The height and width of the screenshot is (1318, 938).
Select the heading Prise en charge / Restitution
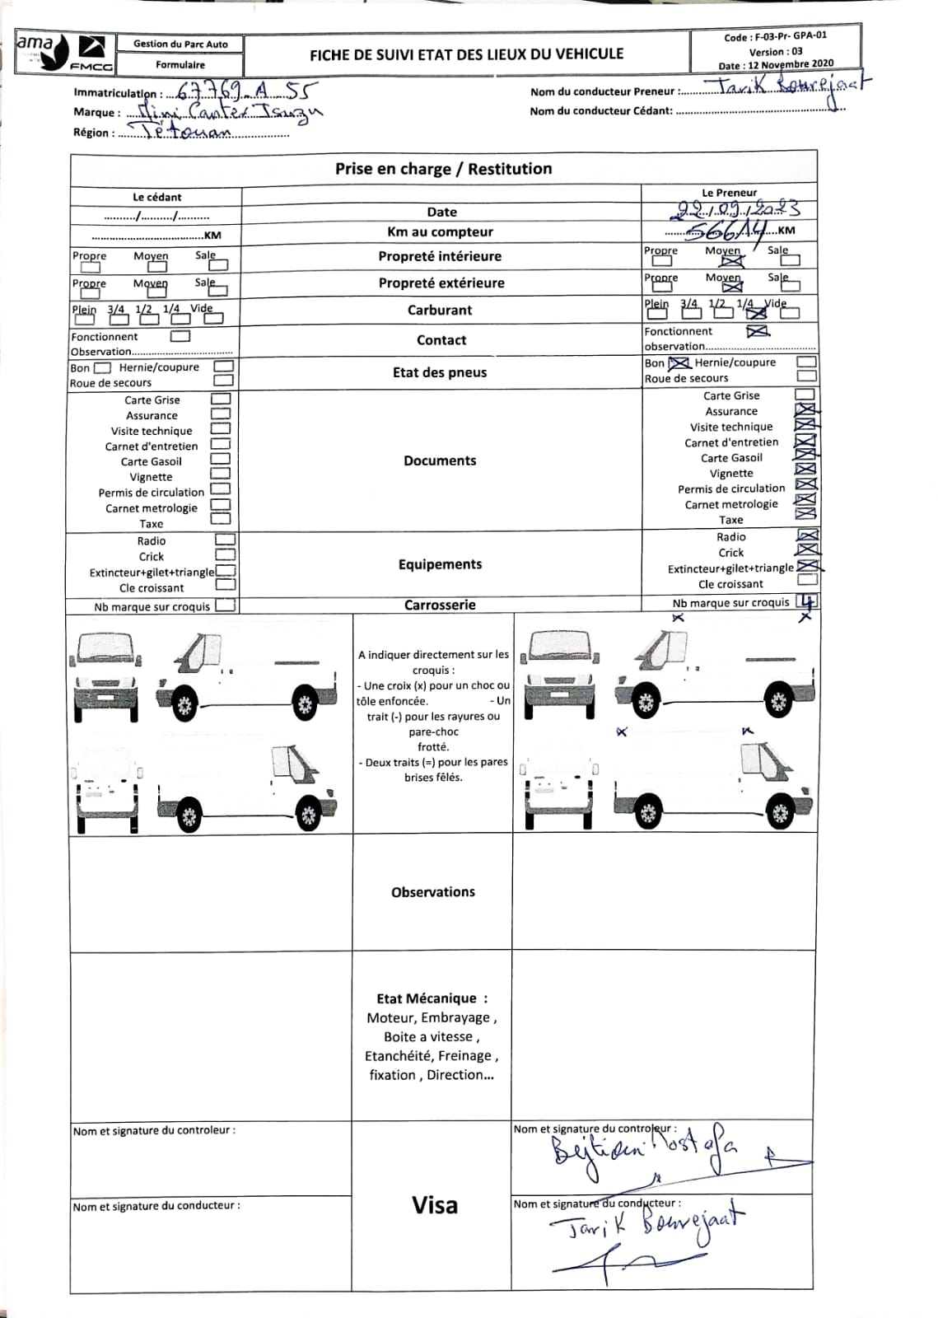pos(443,169)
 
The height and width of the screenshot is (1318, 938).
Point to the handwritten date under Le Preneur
pos(732,210)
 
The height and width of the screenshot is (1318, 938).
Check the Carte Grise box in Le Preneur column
pos(805,395)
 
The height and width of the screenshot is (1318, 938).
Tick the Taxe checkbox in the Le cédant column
pos(221,519)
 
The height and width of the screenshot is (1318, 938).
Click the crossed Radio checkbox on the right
pos(807,535)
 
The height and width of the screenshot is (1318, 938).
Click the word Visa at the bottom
pos(434,1205)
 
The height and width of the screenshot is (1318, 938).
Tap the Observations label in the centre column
pos(433,892)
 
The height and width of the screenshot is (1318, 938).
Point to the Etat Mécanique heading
pos(432,998)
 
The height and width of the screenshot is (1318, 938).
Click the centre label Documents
pos(440,460)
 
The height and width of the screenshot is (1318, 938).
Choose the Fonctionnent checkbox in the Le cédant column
pos(180,336)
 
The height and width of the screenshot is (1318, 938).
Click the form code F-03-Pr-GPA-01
pos(775,36)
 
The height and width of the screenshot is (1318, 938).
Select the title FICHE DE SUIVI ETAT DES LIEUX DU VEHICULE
pos(467,54)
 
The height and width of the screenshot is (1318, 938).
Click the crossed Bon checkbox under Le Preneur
pos(678,362)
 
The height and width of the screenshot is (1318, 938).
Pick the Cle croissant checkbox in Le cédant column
pos(225,585)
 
